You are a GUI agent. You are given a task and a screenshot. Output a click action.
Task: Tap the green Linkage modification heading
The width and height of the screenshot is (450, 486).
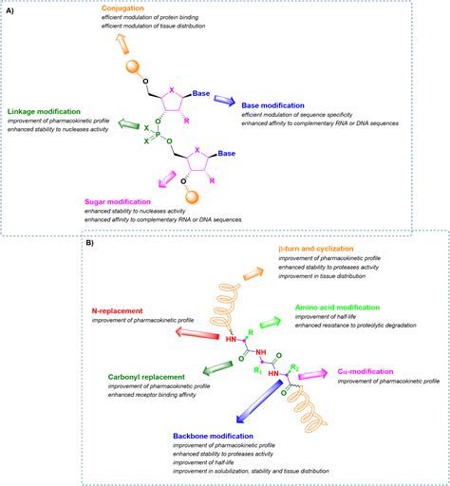pyautogui.click(x=45, y=111)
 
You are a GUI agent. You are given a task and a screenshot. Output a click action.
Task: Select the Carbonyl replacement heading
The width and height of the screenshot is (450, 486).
pyautogui.click(x=138, y=377)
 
